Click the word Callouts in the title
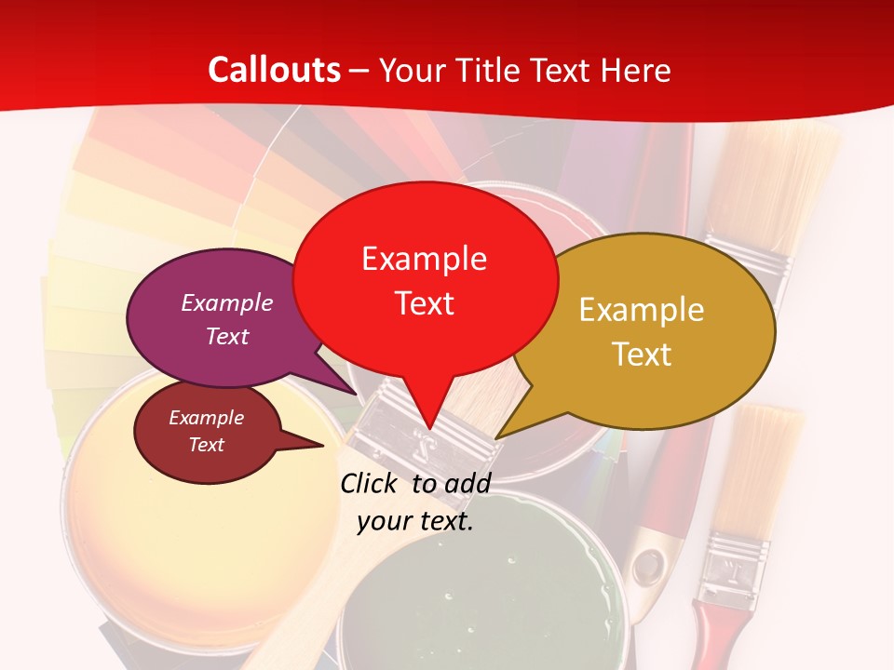point(274,70)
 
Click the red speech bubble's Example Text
point(425,280)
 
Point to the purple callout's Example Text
point(227,319)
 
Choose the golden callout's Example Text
point(642,331)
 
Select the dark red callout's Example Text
point(207,431)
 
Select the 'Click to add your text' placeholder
point(415,502)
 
